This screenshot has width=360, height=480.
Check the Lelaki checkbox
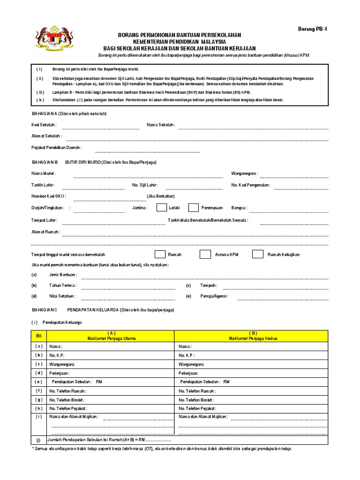[x=161, y=208]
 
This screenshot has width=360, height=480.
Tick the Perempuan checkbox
[x=193, y=208]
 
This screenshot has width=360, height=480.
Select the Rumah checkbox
[x=160, y=254]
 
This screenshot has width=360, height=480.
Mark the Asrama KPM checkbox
[x=205, y=254]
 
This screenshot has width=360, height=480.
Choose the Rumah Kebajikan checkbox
[x=257, y=254]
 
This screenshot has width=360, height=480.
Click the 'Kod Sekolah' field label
[x=44, y=125]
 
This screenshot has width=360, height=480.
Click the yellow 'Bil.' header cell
[x=39, y=336]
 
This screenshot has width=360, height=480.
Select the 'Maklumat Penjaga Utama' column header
[x=111, y=338]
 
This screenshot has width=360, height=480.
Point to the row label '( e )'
[x=39, y=382]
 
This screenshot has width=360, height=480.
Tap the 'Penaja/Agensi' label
[x=214, y=296]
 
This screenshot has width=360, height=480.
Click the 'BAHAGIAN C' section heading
[x=44, y=310]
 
